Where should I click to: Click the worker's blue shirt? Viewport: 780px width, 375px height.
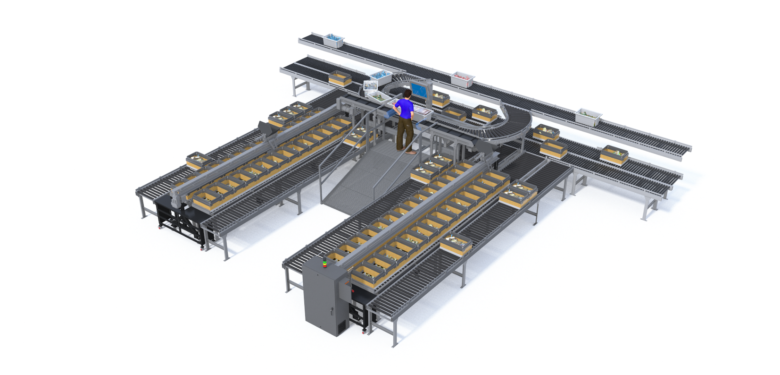(405, 108)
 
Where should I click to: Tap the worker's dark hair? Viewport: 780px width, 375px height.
(407, 94)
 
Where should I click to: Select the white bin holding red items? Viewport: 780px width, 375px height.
(462, 78)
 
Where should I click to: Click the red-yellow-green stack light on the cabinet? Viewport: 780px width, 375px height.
(324, 262)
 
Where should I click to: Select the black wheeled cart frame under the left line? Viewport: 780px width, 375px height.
(182, 220)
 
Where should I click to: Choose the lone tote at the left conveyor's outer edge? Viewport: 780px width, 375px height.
(200, 161)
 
